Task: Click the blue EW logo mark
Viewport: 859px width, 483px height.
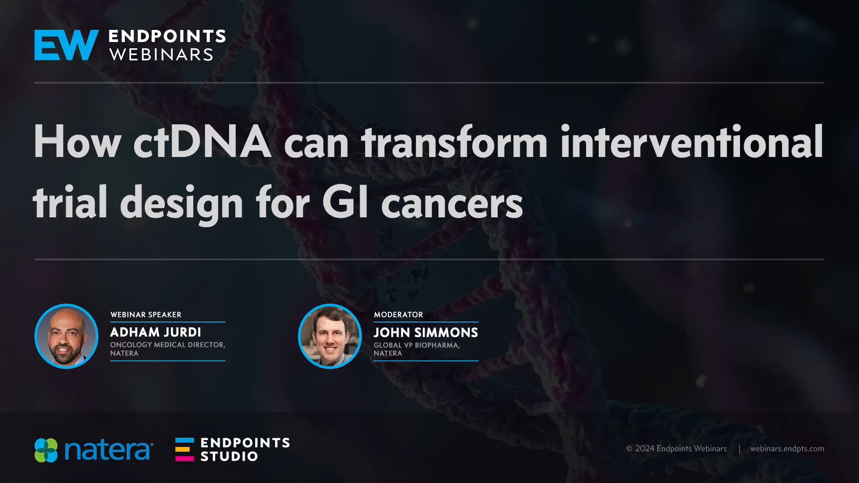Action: (x=66, y=45)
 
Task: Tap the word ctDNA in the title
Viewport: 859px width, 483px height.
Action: (x=202, y=142)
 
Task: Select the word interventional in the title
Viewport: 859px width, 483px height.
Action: (x=691, y=142)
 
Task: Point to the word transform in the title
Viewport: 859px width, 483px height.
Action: (x=454, y=142)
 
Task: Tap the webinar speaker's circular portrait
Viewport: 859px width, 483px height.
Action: (x=66, y=336)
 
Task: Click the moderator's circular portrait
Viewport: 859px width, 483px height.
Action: (x=330, y=336)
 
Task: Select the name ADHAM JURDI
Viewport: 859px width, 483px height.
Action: (x=156, y=332)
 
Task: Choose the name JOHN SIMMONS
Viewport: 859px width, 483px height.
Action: (x=426, y=333)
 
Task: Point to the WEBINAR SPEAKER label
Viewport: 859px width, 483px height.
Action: (x=146, y=315)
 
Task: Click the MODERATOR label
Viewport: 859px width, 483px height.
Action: (x=398, y=315)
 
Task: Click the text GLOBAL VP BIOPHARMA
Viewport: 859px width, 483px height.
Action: (x=417, y=345)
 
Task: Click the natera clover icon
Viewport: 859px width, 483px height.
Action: (x=46, y=450)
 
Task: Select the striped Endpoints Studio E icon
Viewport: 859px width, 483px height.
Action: (x=184, y=449)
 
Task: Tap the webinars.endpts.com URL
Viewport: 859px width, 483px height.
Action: (x=787, y=449)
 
